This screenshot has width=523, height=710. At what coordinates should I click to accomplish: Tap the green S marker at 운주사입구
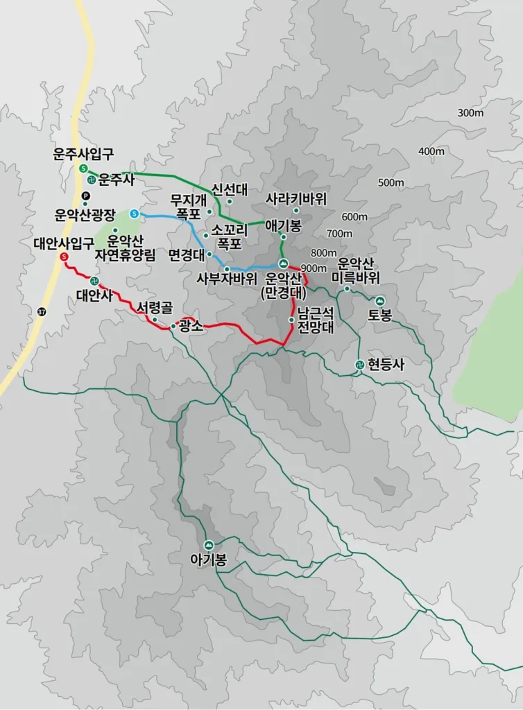[x=83, y=169]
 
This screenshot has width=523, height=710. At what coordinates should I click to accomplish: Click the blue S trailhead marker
[x=133, y=213]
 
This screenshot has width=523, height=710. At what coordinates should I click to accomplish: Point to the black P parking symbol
[x=85, y=196]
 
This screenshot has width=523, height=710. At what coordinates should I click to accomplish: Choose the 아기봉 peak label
[x=208, y=559]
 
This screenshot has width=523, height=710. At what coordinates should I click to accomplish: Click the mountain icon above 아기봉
[x=209, y=544]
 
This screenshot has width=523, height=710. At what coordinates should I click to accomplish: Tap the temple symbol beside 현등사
[x=359, y=365]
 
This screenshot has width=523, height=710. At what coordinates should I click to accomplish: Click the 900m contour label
[x=314, y=269]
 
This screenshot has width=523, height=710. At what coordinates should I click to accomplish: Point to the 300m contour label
[x=470, y=113]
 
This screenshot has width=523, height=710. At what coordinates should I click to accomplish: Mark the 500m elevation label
[x=391, y=182]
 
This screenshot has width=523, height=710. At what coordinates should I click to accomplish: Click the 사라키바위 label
[x=295, y=198]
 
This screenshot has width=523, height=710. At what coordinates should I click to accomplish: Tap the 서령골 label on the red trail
[x=154, y=306]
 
